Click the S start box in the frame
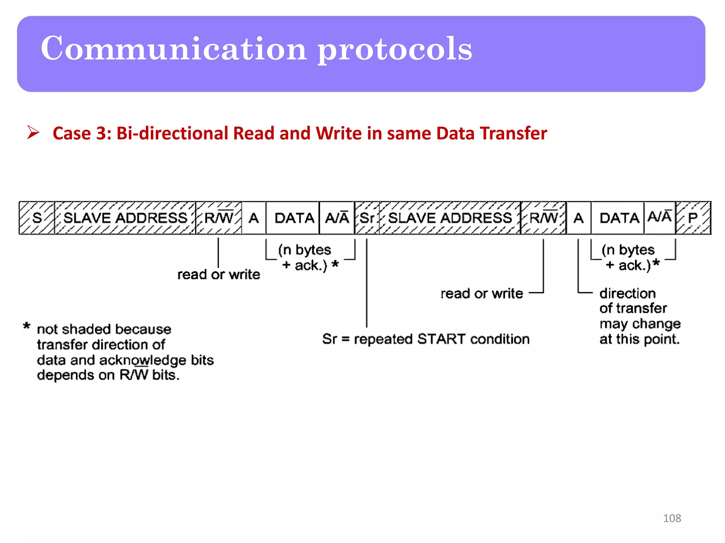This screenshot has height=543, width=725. tap(37, 218)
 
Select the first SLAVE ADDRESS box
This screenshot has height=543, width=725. tap(125, 218)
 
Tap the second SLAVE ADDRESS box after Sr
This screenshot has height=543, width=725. tap(450, 218)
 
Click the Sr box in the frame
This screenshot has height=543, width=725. tap(367, 218)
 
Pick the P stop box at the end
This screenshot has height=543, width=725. tap(693, 218)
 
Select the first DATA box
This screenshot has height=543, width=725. tap(294, 218)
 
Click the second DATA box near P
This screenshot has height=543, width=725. tap(619, 218)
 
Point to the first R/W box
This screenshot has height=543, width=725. tap(219, 218)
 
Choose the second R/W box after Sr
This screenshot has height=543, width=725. tap(543, 218)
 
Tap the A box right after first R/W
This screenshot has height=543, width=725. tap(253, 218)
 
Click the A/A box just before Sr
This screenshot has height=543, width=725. tap(337, 218)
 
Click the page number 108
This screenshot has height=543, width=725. tap(672, 518)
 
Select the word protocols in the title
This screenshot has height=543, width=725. tap(395, 49)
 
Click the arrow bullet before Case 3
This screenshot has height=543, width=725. tap(33, 133)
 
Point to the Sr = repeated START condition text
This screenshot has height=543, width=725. tap(426, 339)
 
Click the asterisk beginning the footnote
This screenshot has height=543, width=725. tap(27, 326)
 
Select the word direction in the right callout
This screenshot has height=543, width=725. tap(627, 293)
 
